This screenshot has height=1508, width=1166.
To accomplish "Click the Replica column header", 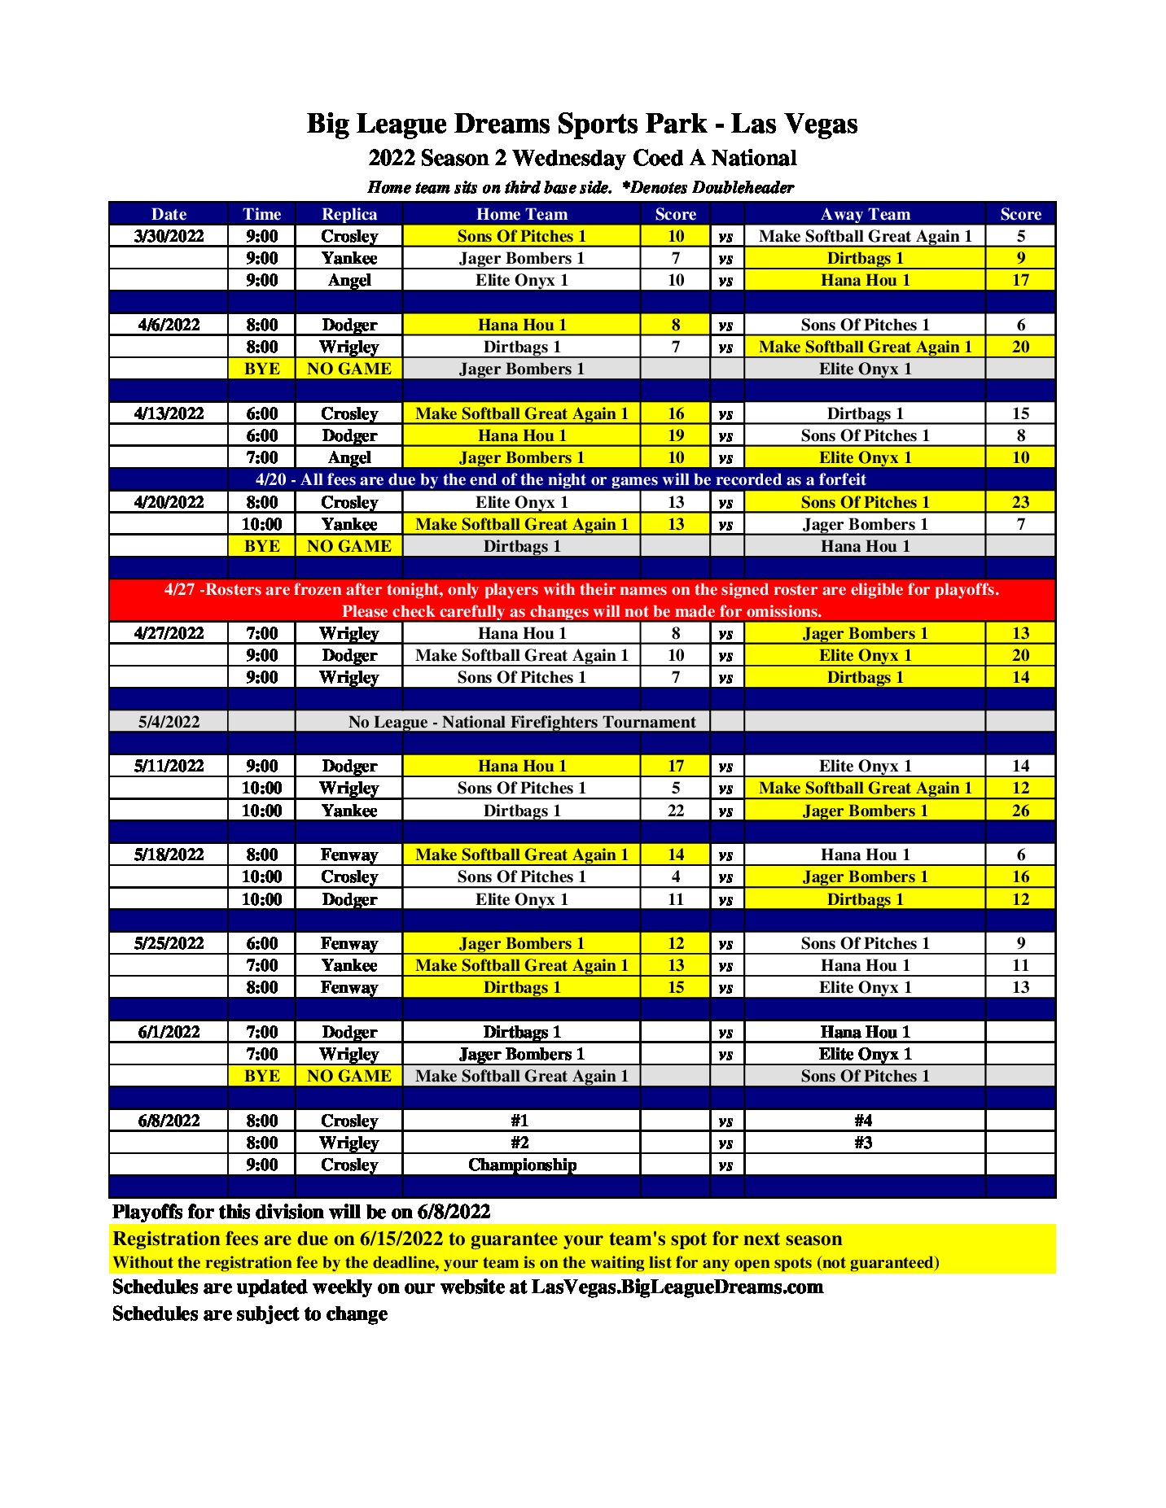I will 349,214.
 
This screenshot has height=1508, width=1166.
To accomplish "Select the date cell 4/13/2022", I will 169,413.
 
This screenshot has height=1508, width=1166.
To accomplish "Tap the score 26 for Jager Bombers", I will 1020,811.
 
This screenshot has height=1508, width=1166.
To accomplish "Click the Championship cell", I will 522,1165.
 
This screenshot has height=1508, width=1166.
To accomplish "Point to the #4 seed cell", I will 864,1121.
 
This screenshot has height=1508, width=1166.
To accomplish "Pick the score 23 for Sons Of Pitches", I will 1020,502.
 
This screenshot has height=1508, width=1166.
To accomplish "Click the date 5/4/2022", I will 169,722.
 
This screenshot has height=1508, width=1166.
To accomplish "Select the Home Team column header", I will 522,214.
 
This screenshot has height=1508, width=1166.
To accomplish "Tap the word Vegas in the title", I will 822,124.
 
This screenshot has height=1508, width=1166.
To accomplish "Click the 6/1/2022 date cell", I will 169,1032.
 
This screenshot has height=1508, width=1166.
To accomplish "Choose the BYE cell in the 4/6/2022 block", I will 262,369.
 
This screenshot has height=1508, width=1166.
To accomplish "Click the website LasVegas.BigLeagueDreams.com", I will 677,1287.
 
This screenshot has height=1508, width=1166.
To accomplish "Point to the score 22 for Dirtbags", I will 676,811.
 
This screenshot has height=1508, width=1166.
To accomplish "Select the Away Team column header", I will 865,214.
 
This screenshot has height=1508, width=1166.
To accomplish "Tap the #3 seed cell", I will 864,1143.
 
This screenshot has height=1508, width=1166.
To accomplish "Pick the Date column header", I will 169,214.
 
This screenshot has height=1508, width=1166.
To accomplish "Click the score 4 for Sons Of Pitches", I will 676,876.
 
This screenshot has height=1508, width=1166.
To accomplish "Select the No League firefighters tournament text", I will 522,722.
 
